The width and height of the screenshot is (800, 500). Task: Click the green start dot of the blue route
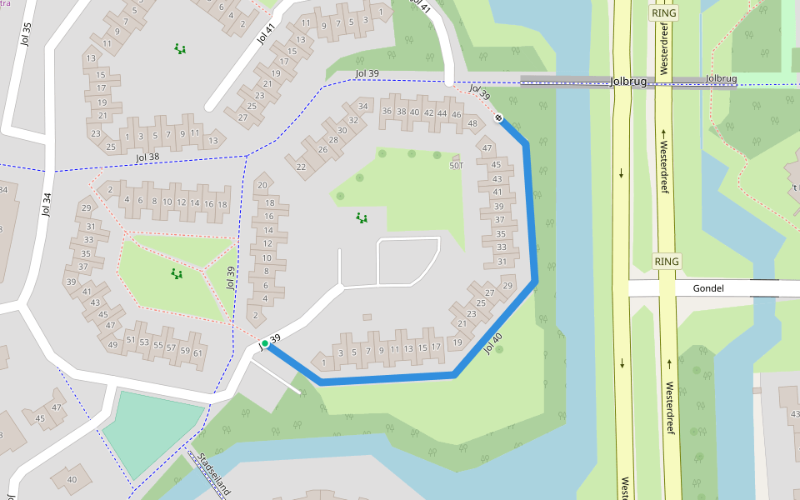click(x=265, y=343)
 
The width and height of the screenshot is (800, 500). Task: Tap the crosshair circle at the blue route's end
click(x=498, y=117)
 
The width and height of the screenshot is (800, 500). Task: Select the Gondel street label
click(x=707, y=289)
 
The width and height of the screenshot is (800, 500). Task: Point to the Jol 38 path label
click(x=147, y=157)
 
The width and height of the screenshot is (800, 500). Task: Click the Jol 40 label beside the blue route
click(x=492, y=343)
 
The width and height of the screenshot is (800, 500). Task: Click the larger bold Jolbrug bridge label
click(x=627, y=82)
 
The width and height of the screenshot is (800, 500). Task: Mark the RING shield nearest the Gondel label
click(x=667, y=262)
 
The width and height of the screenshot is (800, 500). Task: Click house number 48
click(x=472, y=124)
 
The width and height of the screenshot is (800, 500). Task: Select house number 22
click(x=301, y=167)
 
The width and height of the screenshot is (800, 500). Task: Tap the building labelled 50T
click(x=456, y=165)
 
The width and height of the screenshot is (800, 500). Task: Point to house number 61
click(x=197, y=352)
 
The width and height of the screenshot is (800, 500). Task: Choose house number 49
click(x=112, y=344)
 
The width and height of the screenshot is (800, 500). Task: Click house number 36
click(x=387, y=111)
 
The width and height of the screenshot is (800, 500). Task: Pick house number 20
click(x=262, y=185)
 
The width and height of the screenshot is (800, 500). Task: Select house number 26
click(x=322, y=150)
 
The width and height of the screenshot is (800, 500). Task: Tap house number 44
click(x=442, y=114)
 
